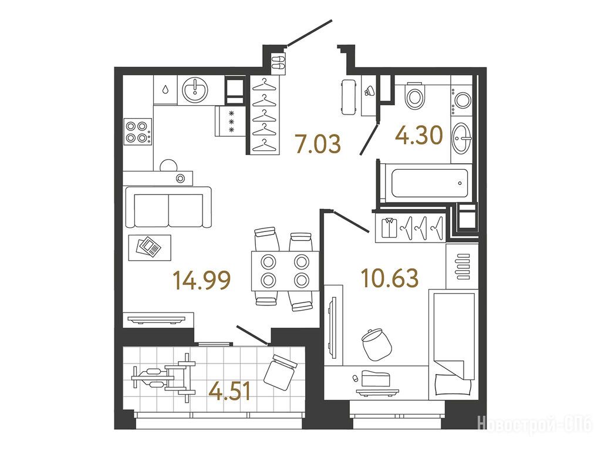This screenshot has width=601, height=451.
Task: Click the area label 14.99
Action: point(202,280)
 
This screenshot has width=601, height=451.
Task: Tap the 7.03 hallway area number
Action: point(318,143)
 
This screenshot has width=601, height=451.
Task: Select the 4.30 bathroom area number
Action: point(420,136)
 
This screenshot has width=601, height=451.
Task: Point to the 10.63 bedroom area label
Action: point(390,278)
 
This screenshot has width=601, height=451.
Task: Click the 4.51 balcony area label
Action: point(230,391)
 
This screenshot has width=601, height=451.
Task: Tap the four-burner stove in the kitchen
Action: point(138,132)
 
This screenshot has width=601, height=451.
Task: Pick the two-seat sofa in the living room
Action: point(168,207)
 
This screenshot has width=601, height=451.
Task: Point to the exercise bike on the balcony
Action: point(163,378)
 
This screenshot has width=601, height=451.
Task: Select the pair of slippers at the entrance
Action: point(278,62)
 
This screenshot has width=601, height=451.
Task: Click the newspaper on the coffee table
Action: point(149,247)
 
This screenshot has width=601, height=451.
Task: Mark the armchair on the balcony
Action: point(280,372)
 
